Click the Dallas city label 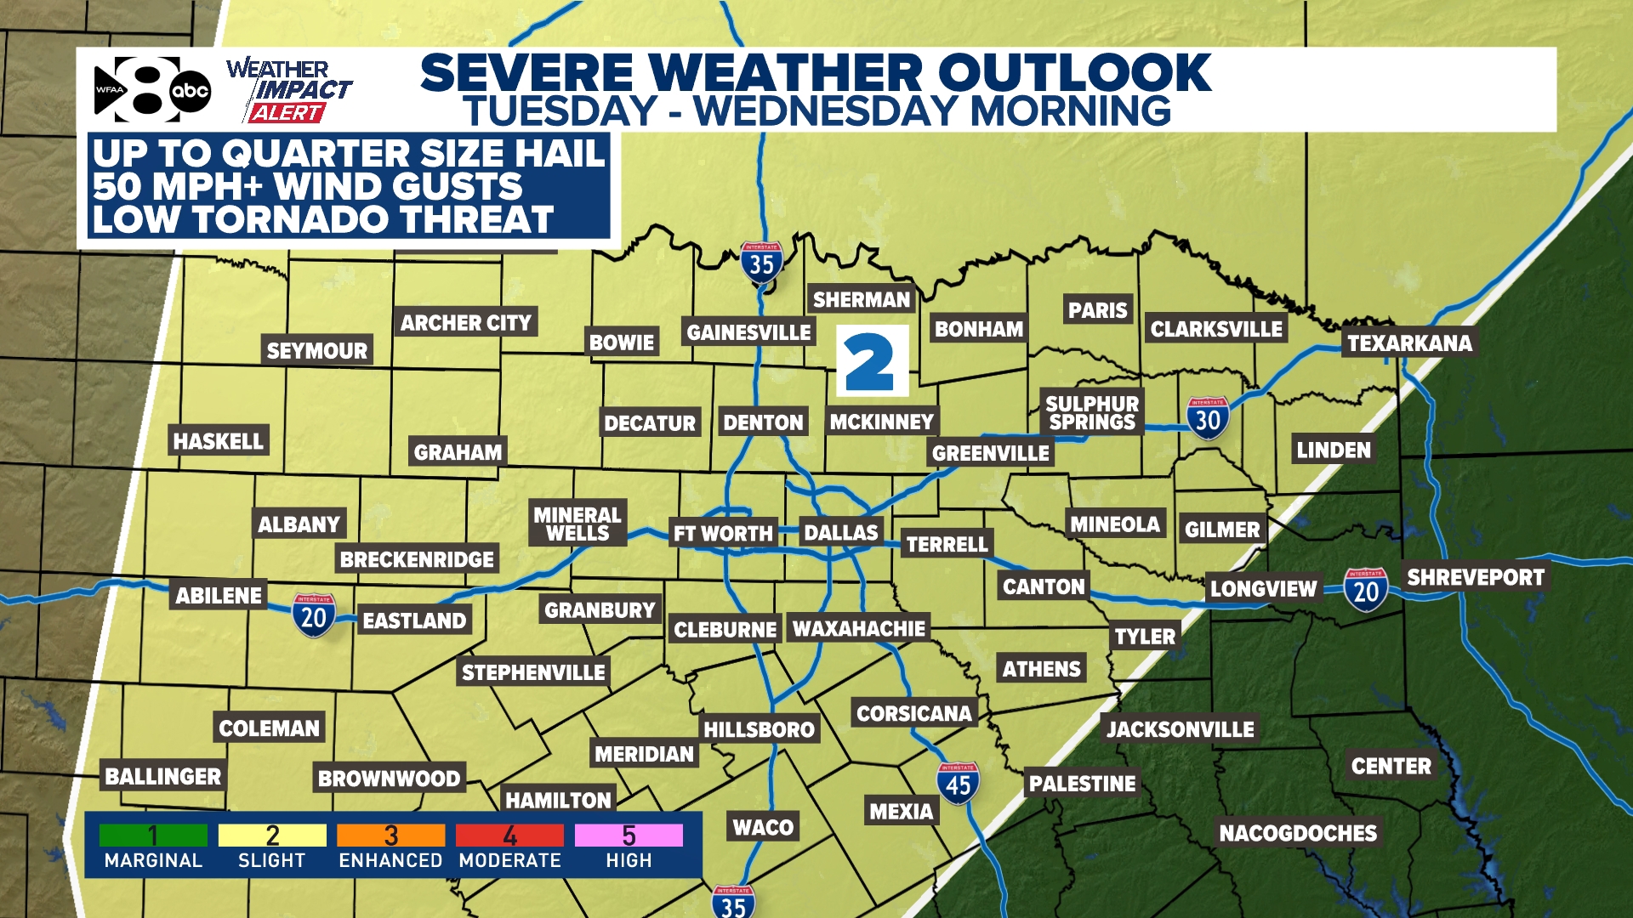point(840,533)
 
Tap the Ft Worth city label point(723,534)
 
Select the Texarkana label point(1409,343)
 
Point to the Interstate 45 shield point(958,784)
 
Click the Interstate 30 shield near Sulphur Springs point(1208,418)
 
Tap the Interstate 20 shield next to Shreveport point(1366,590)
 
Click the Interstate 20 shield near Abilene point(314,615)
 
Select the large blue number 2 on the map point(872,361)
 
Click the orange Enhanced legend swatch point(390,836)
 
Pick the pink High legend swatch point(629,836)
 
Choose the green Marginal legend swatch point(153,836)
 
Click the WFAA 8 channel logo point(136,89)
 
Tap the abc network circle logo point(190,91)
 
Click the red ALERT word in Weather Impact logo point(287,113)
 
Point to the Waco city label point(763,827)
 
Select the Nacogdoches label point(1297,833)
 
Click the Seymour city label point(316,351)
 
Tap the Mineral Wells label point(577,524)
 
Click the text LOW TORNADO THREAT point(323,220)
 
